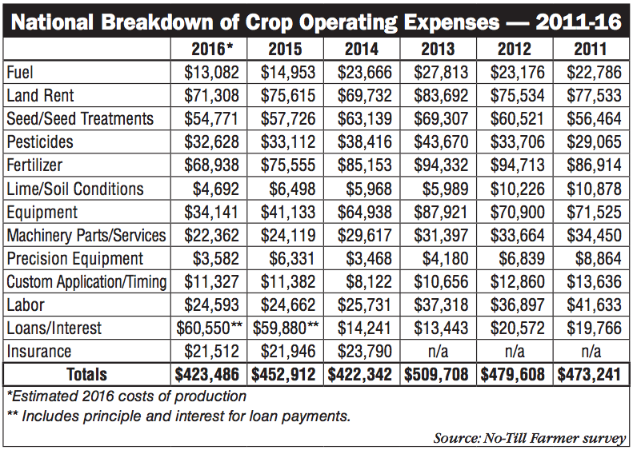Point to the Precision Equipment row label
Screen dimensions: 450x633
tap(74, 258)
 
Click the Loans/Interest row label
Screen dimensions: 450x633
tap(54, 329)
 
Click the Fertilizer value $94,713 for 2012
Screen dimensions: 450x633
tap(514, 165)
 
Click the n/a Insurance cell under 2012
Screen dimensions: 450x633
tap(514, 352)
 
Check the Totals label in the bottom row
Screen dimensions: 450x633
tap(86, 375)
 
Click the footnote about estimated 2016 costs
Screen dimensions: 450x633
tap(126, 396)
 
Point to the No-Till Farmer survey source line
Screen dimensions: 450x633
tap(530, 437)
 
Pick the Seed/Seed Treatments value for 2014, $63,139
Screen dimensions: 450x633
tap(362, 119)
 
